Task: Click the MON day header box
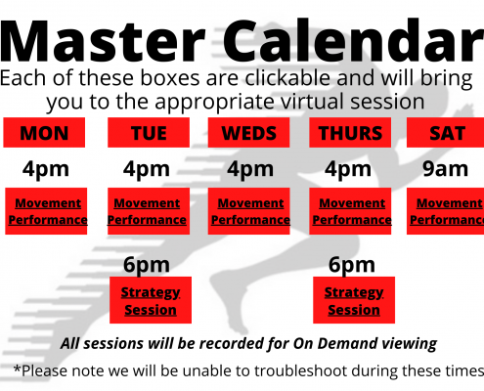(x=44, y=133)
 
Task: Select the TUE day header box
(x=149, y=133)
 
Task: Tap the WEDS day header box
(x=248, y=133)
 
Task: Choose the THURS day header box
(x=350, y=133)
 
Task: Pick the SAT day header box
(x=446, y=133)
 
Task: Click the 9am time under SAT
(x=445, y=169)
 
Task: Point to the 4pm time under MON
(x=46, y=170)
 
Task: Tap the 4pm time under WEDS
(x=250, y=170)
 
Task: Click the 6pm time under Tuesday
(x=147, y=265)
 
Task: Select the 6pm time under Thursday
(x=352, y=265)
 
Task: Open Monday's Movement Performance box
(x=46, y=211)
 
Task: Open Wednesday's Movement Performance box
(x=248, y=211)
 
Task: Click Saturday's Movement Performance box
(x=446, y=211)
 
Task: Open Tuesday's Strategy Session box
(x=151, y=300)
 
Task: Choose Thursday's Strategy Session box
(x=354, y=300)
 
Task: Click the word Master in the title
(x=103, y=41)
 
